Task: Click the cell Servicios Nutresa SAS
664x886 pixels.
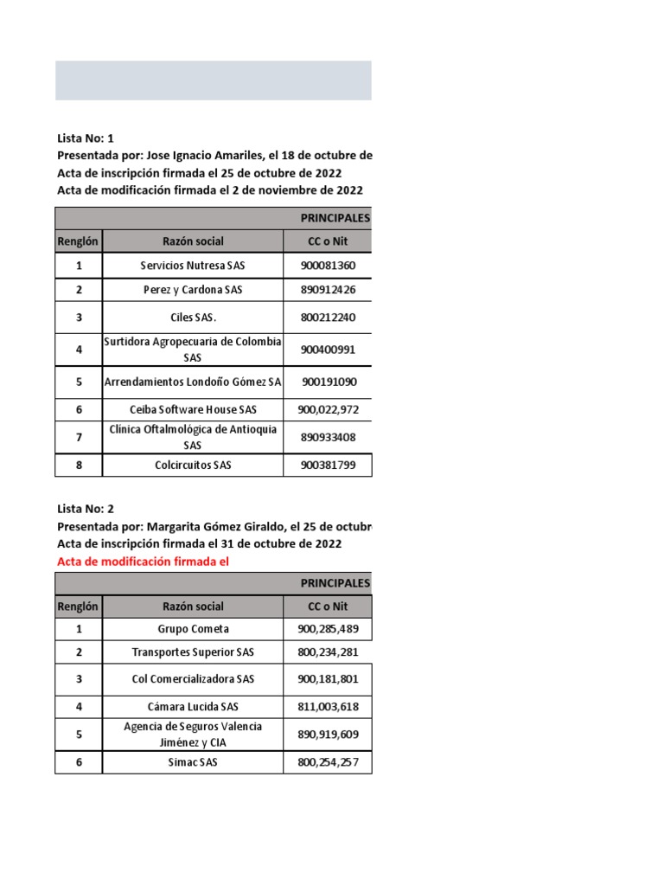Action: [x=193, y=266]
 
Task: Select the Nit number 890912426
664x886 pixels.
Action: [x=328, y=290]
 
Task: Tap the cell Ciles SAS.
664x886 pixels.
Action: [x=193, y=318]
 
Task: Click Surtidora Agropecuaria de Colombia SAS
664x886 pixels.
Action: [x=193, y=350]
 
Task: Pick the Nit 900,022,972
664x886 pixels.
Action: [x=328, y=409]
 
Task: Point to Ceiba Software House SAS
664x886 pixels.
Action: [x=193, y=409]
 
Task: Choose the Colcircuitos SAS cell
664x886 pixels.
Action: [x=193, y=465]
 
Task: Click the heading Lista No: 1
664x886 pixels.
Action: [x=86, y=138]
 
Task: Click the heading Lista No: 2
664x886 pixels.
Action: [x=86, y=509]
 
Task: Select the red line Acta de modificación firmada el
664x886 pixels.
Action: [x=144, y=562]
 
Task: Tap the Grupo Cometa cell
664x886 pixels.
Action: [x=193, y=629]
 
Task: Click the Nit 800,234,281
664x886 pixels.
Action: [x=328, y=652]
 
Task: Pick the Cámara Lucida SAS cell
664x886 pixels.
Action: [x=193, y=707]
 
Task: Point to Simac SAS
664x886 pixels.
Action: [x=193, y=762]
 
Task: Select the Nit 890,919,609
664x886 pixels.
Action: [x=328, y=735]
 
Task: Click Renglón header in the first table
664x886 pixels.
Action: [x=79, y=241]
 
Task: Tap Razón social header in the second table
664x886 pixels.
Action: [x=193, y=607]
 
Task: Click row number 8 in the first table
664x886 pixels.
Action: [x=79, y=465]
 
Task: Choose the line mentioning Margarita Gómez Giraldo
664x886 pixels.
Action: [x=214, y=526]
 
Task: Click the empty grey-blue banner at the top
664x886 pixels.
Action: [x=214, y=80]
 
